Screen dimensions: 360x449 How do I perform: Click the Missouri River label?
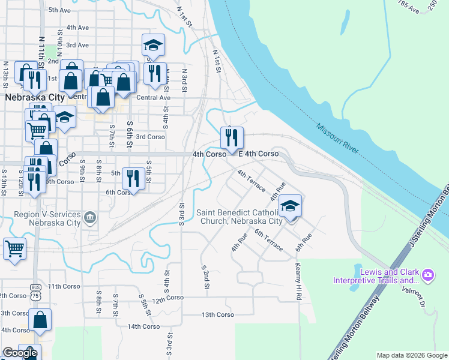click(336, 137)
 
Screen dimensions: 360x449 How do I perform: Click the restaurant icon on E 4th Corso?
click(232, 137)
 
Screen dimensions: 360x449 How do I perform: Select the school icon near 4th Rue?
click(290, 208)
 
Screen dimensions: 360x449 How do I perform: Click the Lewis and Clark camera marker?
click(427, 275)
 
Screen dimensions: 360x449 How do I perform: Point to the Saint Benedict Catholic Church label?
click(240, 217)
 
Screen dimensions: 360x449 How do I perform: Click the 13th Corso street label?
click(217, 314)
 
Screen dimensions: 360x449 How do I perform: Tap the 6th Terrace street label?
click(268, 239)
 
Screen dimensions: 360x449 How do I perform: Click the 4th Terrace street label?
click(251, 181)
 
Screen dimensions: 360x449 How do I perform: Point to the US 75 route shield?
click(37, 278)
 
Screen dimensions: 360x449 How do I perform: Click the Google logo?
click(20, 353)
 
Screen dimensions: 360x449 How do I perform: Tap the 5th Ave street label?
click(60, 10)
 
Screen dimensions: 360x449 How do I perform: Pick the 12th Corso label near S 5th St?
click(167, 298)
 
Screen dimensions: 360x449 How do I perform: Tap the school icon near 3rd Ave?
click(153, 45)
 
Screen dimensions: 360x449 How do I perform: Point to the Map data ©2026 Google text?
click(412, 355)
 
